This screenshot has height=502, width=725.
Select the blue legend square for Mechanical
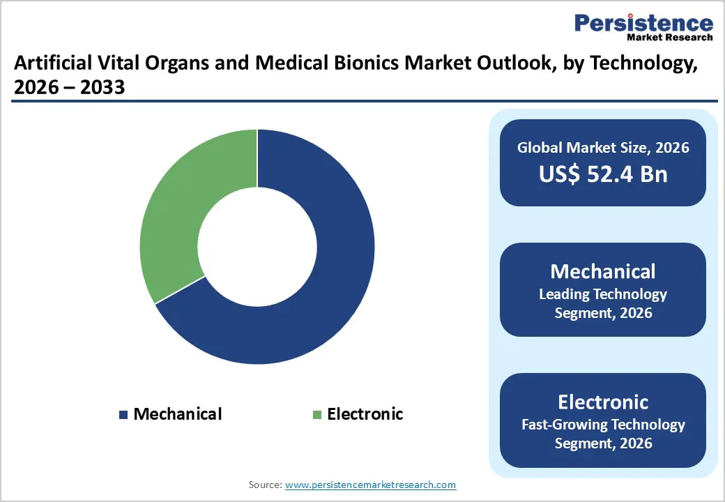tap(123, 415)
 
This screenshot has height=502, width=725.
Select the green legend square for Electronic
tap(317, 415)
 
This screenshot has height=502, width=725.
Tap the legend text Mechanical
tap(177, 414)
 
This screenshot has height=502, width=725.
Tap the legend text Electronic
tap(365, 414)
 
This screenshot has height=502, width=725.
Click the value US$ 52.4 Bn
tap(603, 174)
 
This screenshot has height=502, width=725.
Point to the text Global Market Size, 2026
tap(603, 147)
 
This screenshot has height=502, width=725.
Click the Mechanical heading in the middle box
tap(603, 271)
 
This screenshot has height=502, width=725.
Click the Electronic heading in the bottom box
tap(603, 402)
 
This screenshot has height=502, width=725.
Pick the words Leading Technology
tap(603, 294)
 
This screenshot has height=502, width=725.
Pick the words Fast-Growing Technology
tap(603, 425)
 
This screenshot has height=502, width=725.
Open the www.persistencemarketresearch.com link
tap(371, 485)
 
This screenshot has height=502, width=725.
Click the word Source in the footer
tap(264, 485)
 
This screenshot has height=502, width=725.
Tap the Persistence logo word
tap(643, 23)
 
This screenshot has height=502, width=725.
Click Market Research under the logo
tap(669, 37)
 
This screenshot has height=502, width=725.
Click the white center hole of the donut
tap(257, 246)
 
